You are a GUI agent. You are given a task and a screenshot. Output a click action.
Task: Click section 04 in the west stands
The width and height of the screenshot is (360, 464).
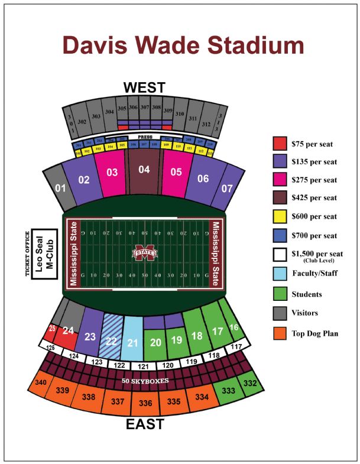point(144,171)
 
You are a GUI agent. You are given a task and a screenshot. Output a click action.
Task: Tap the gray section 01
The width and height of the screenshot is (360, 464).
point(60,189)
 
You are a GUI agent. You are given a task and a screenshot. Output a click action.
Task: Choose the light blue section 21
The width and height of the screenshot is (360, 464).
point(133,341)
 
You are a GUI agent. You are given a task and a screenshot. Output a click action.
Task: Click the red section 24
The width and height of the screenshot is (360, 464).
point(69,332)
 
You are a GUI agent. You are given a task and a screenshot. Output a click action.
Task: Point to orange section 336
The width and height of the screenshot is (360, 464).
point(145,403)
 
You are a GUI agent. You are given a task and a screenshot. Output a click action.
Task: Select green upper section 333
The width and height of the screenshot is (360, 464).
point(228,390)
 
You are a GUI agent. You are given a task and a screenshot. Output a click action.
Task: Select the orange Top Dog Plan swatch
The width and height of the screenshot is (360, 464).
point(280,332)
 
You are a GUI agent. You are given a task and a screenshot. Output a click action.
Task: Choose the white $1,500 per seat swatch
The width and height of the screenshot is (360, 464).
point(280,254)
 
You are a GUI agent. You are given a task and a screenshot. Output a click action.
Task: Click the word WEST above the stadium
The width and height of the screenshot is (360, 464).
point(144,87)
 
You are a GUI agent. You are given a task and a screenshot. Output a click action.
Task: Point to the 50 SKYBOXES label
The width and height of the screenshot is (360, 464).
point(145,381)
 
